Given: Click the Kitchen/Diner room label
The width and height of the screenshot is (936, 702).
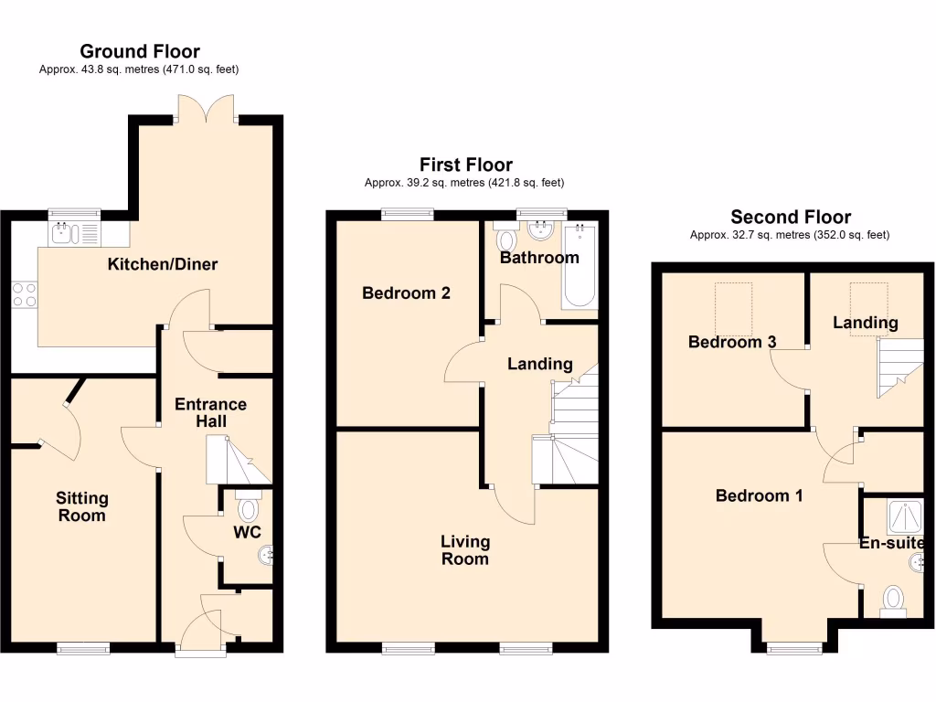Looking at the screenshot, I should [163, 265].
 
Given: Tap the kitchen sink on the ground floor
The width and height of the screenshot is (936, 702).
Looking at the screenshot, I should [62, 234].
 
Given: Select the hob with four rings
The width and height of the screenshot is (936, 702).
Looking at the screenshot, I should [24, 293].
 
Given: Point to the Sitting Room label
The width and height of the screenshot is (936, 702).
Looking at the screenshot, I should [81, 506].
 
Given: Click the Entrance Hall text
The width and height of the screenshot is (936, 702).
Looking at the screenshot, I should [210, 412].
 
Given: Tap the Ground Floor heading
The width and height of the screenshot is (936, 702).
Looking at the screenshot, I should [140, 51].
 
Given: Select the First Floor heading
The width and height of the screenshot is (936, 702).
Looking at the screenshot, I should [465, 165].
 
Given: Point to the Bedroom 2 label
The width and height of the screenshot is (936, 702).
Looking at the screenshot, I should [406, 293].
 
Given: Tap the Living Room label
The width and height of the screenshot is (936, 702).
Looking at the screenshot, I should [464, 550].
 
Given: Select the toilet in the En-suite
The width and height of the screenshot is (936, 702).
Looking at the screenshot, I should [892, 601].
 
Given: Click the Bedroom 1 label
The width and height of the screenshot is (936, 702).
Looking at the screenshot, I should [759, 495].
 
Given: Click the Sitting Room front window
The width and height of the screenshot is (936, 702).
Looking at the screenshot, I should [83, 648].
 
